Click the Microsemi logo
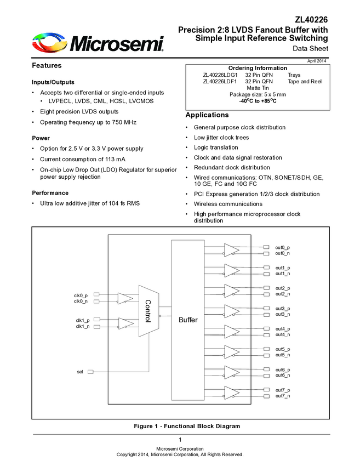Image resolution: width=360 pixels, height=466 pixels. (x=98, y=42)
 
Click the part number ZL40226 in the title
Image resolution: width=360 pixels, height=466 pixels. (x=310, y=20)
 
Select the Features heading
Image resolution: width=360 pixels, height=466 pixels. (x=47, y=66)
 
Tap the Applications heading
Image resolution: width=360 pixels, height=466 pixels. (x=207, y=115)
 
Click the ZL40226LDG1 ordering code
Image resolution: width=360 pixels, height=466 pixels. (x=220, y=75)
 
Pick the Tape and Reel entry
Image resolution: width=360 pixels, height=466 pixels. (x=305, y=82)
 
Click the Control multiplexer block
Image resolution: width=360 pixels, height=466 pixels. (x=148, y=311)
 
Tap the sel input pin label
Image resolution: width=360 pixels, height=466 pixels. (x=80, y=372)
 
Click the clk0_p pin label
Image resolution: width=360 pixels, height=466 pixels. (x=81, y=295)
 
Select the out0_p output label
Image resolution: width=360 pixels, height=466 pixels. (x=283, y=247)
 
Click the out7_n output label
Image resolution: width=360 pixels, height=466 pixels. (x=283, y=396)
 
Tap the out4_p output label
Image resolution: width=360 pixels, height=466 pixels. (x=283, y=329)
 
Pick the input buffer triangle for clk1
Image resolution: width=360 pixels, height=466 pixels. (x=125, y=323)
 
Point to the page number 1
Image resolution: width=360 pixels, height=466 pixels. (x=180, y=440)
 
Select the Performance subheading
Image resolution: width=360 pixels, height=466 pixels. (x=50, y=193)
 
